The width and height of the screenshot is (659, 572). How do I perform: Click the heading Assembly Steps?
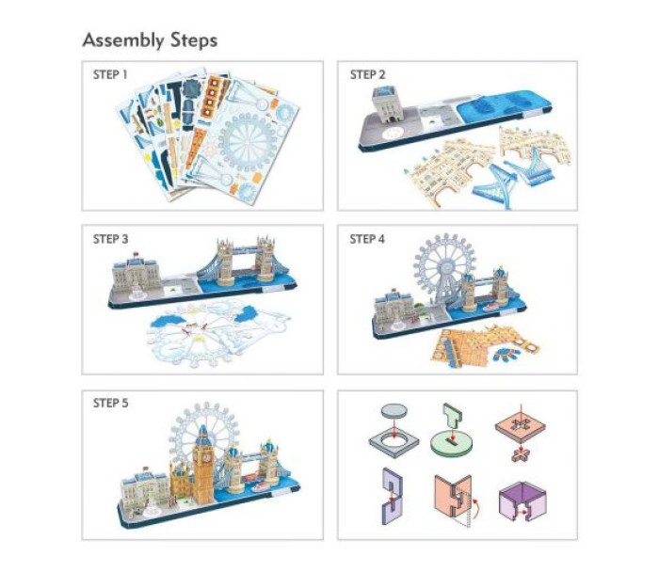(150, 40)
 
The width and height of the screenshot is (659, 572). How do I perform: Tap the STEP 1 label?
(110, 74)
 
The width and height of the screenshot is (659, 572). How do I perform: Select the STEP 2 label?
(367, 74)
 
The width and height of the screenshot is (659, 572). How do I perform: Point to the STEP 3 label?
(110, 239)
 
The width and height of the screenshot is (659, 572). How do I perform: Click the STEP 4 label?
(367, 239)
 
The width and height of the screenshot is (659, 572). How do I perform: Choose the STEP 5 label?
(110, 404)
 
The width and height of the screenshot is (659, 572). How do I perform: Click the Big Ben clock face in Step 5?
(206, 457)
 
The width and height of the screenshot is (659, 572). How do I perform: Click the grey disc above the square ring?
(394, 410)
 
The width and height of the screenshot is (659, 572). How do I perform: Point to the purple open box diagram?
(522, 501)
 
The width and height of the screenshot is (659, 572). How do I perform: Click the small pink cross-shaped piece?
(521, 454)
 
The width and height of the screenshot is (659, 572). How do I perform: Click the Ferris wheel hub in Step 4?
(444, 267)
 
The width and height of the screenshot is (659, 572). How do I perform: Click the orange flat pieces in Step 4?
(483, 347)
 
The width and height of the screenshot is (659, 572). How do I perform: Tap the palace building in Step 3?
(136, 275)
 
